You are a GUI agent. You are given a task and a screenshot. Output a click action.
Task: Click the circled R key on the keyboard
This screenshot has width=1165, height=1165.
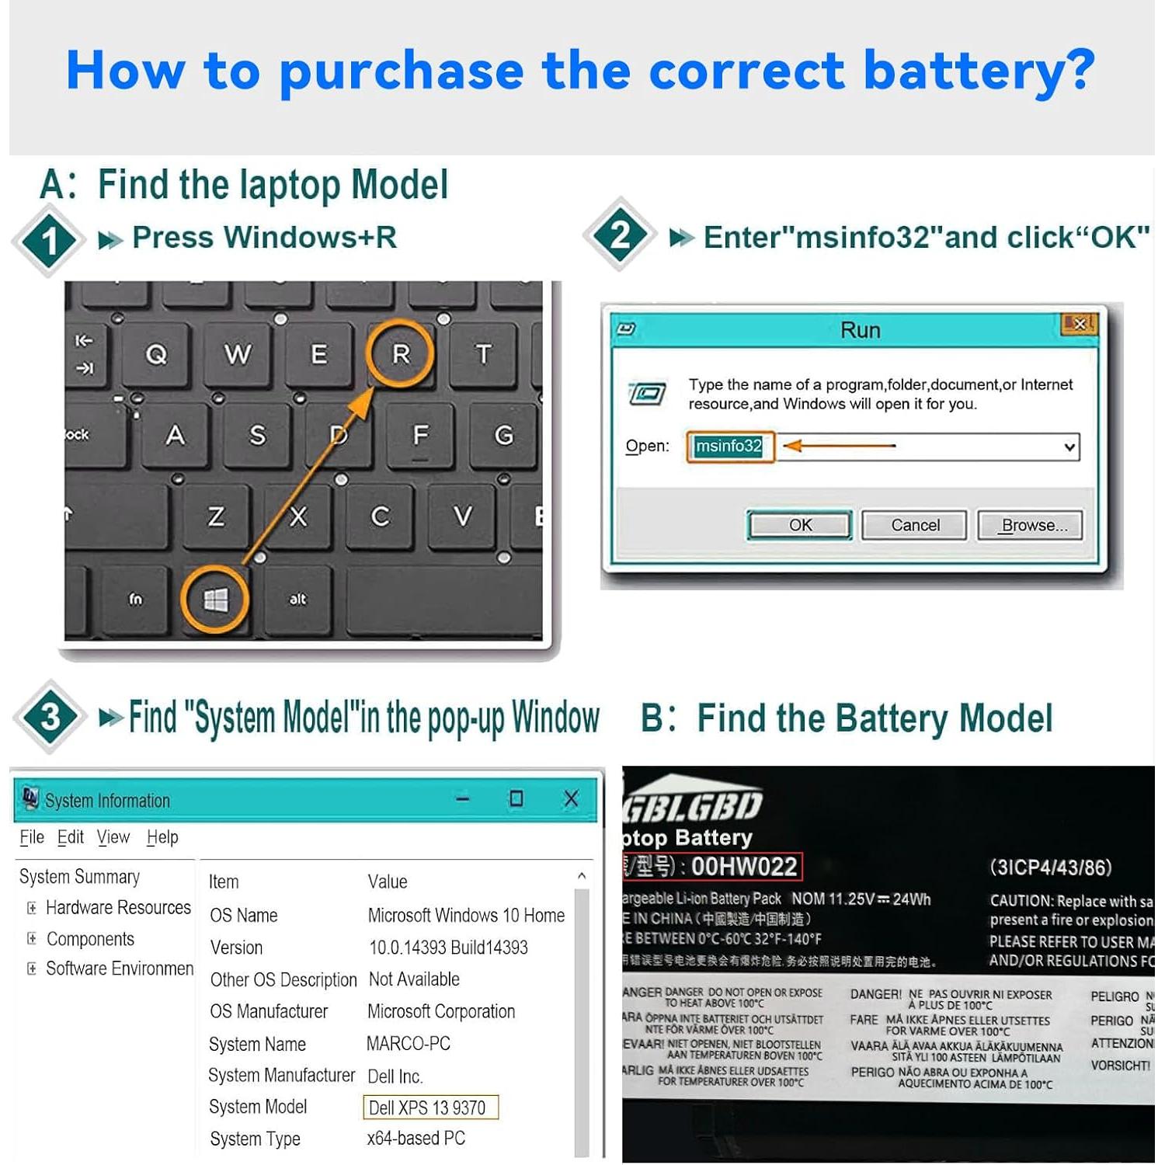pyautogui.click(x=400, y=354)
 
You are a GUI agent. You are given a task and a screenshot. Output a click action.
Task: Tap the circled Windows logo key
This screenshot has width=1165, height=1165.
pyautogui.click(x=215, y=599)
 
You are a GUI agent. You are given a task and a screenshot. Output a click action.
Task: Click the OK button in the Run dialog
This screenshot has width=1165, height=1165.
pyautogui.click(x=799, y=525)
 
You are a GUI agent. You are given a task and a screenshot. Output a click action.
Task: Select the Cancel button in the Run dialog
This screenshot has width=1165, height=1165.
pyautogui.click(x=914, y=525)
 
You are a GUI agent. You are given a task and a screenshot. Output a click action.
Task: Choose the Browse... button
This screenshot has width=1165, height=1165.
pyautogui.click(x=1030, y=525)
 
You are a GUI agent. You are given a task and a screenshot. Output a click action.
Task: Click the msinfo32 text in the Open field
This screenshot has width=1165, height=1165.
pyautogui.click(x=729, y=447)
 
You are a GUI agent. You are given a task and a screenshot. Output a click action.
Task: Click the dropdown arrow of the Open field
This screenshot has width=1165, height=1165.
pyautogui.click(x=1069, y=447)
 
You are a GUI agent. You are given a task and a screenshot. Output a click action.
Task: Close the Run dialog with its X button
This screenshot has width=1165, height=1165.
pyautogui.click(x=1079, y=324)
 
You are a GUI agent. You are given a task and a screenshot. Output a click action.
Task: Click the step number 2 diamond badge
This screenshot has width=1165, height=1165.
pyautogui.click(x=619, y=235)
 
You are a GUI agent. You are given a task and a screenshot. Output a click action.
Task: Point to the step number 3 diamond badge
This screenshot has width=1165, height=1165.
pyautogui.click(x=50, y=716)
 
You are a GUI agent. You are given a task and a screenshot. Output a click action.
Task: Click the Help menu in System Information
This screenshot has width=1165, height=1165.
pyautogui.click(x=162, y=837)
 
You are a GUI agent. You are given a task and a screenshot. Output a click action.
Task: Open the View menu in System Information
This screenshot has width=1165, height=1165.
pyautogui.click(x=113, y=837)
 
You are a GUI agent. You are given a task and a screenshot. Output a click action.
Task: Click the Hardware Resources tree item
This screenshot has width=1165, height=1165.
pyautogui.click(x=118, y=907)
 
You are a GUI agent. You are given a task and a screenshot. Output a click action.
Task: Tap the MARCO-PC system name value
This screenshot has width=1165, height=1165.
pyautogui.click(x=409, y=1044)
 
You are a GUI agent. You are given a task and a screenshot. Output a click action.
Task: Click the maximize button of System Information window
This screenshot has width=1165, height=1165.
pyautogui.click(x=516, y=798)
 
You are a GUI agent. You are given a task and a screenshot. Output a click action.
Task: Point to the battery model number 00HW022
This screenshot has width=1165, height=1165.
pyautogui.click(x=743, y=867)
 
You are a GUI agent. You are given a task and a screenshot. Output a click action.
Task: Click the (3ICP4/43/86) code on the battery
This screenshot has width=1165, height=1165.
pyautogui.click(x=1050, y=868)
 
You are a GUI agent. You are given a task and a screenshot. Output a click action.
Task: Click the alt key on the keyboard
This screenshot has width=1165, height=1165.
pyautogui.click(x=297, y=600)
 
